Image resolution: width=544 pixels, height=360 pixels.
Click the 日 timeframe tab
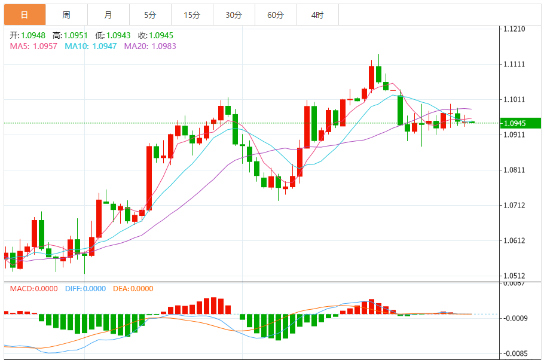pos(24,15)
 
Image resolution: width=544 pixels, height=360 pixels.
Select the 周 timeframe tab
pos(66,15)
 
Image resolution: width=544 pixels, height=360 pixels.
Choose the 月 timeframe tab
pos(108,15)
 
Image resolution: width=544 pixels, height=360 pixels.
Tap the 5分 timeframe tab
pos(149,15)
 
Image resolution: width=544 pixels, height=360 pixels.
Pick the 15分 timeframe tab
pos(191,15)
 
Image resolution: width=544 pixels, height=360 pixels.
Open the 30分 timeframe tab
pos(234,15)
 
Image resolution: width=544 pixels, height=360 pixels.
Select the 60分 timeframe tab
pos(276,15)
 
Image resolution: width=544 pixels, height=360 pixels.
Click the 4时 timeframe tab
pos(317,15)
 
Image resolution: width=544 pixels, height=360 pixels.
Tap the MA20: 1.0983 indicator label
pos(150,45)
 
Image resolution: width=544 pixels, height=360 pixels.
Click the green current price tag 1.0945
pos(520,123)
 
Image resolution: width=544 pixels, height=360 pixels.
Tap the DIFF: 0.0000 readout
pos(85,288)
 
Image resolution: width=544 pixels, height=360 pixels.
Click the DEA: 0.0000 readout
pos(133,288)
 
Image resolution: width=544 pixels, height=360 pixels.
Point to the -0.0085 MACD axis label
pos(516,353)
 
